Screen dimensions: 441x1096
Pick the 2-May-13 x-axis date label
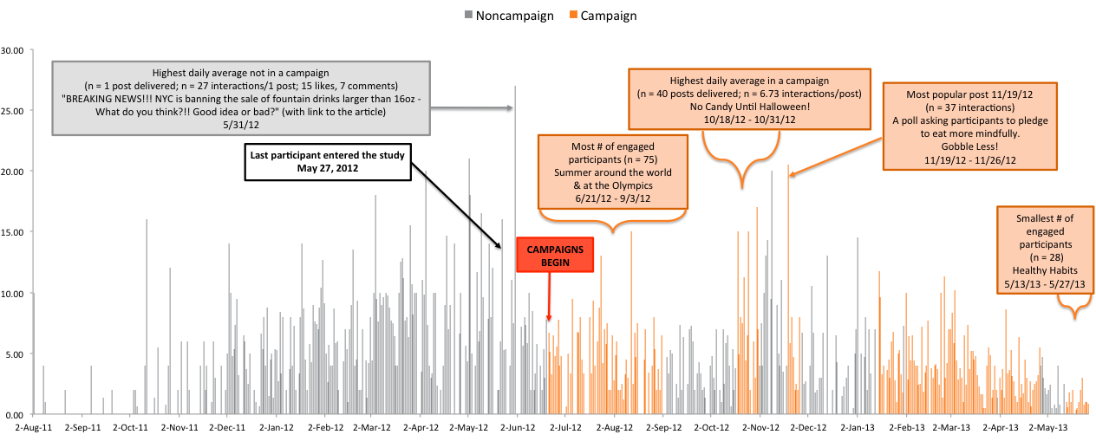[x=1047, y=428]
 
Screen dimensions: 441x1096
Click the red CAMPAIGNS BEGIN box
[x=554, y=255]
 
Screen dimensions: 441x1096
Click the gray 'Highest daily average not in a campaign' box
[x=240, y=98]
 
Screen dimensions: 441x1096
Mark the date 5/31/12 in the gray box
[x=240, y=124]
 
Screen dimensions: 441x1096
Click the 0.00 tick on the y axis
[x=16, y=414]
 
